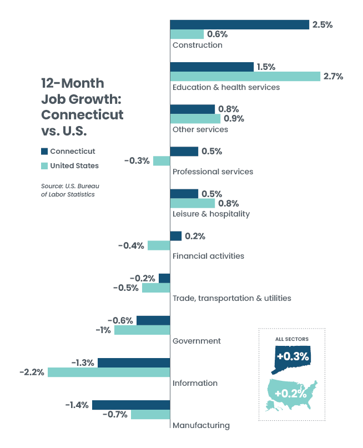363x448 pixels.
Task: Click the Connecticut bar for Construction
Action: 239,24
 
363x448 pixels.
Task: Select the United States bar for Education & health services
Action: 245,76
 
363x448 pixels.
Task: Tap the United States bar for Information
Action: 109,372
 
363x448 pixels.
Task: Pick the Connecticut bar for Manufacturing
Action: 131,405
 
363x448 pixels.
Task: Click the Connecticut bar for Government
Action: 153,320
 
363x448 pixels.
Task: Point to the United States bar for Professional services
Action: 162,160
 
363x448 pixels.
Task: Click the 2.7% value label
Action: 333,76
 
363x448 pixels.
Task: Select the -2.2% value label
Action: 32,372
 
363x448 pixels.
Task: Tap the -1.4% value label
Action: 77,405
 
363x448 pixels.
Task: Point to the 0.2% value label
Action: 195,236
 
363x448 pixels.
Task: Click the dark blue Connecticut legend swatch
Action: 44,151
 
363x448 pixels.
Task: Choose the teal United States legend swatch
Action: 44,165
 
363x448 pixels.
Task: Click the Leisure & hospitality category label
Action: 211,214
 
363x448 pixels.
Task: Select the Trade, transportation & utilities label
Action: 231,298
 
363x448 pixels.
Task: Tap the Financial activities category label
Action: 208,256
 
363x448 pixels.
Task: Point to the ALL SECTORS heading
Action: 292,339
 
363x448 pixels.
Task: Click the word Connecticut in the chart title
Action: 82,115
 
